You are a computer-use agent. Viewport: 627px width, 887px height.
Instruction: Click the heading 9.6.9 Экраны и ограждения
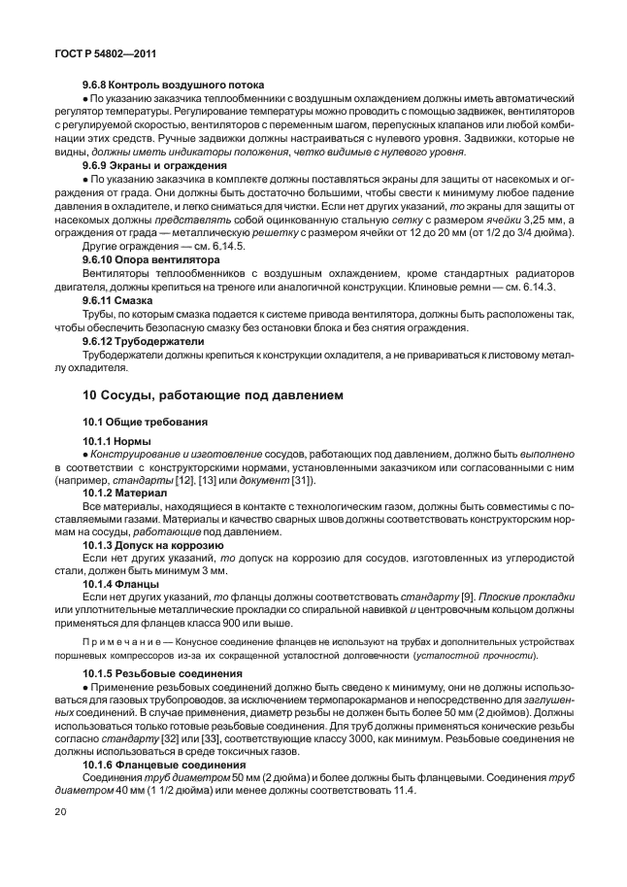tap(148, 165)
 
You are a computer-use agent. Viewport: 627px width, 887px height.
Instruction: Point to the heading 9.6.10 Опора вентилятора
tap(151, 260)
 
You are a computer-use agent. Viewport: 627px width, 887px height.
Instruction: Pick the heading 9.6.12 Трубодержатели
tap(143, 342)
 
